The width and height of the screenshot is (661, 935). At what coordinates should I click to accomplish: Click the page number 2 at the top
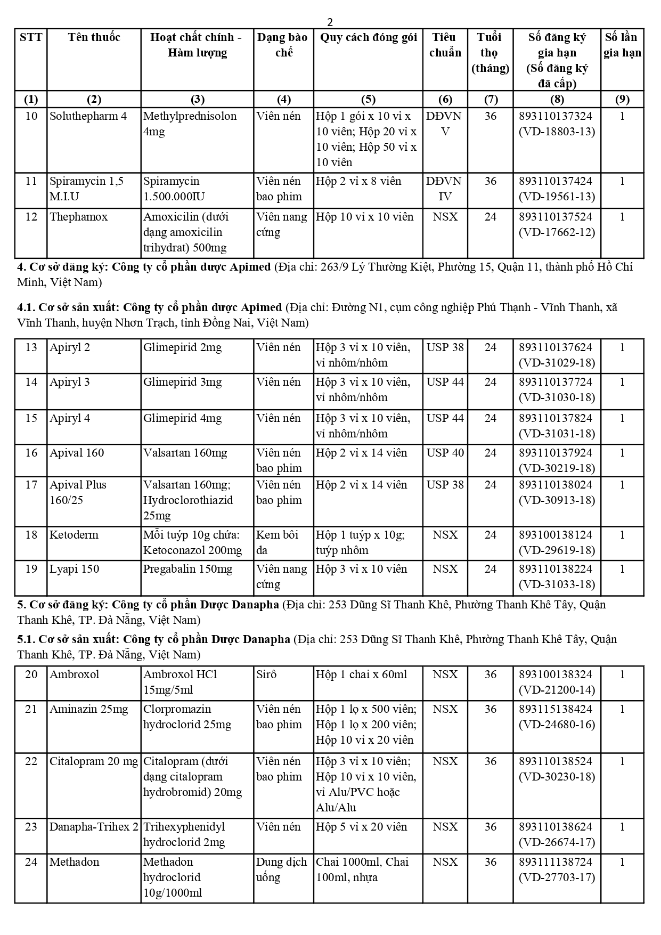click(x=330, y=22)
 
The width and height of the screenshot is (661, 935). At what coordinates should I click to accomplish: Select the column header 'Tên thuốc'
click(x=94, y=37)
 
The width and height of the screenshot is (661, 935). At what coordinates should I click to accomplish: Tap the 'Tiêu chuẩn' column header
click(x=445, y=45)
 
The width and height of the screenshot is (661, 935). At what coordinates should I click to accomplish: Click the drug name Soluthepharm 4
click(x=88, y=116)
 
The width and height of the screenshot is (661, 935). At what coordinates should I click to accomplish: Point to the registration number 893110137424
click(x=556, y=181)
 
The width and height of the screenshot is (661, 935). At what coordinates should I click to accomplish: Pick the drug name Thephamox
click(x=79, y=217)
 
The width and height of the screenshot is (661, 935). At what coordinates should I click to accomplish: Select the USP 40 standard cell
click(x=445, y=453)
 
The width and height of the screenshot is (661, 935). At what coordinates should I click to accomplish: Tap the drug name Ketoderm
click(x=74, y=535)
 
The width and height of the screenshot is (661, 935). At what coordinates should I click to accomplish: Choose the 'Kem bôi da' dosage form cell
click(x=278, y=542)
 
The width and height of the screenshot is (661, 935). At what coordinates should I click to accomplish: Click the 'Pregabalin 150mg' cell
click(x=187, y=569)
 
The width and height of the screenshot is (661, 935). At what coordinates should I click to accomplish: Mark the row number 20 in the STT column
click(x=31, y=674)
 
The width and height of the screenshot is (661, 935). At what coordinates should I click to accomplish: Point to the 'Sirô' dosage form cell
click(x=266, y=674)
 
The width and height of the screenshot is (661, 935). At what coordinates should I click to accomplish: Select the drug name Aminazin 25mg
click(x=89, y=709)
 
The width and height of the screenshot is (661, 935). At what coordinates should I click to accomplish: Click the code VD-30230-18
click(x=557, y=777)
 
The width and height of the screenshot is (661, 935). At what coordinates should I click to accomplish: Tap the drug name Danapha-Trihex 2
click(x=94, y=827)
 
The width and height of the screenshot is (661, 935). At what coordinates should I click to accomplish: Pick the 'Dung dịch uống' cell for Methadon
click(x=281, y=869)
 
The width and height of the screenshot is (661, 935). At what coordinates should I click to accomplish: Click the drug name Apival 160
click(x=77, y=453)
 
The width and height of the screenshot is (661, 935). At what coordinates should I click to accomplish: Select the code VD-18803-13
click(x=557, y=132)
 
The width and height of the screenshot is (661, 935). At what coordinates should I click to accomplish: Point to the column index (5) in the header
click(x=368, y=99)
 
